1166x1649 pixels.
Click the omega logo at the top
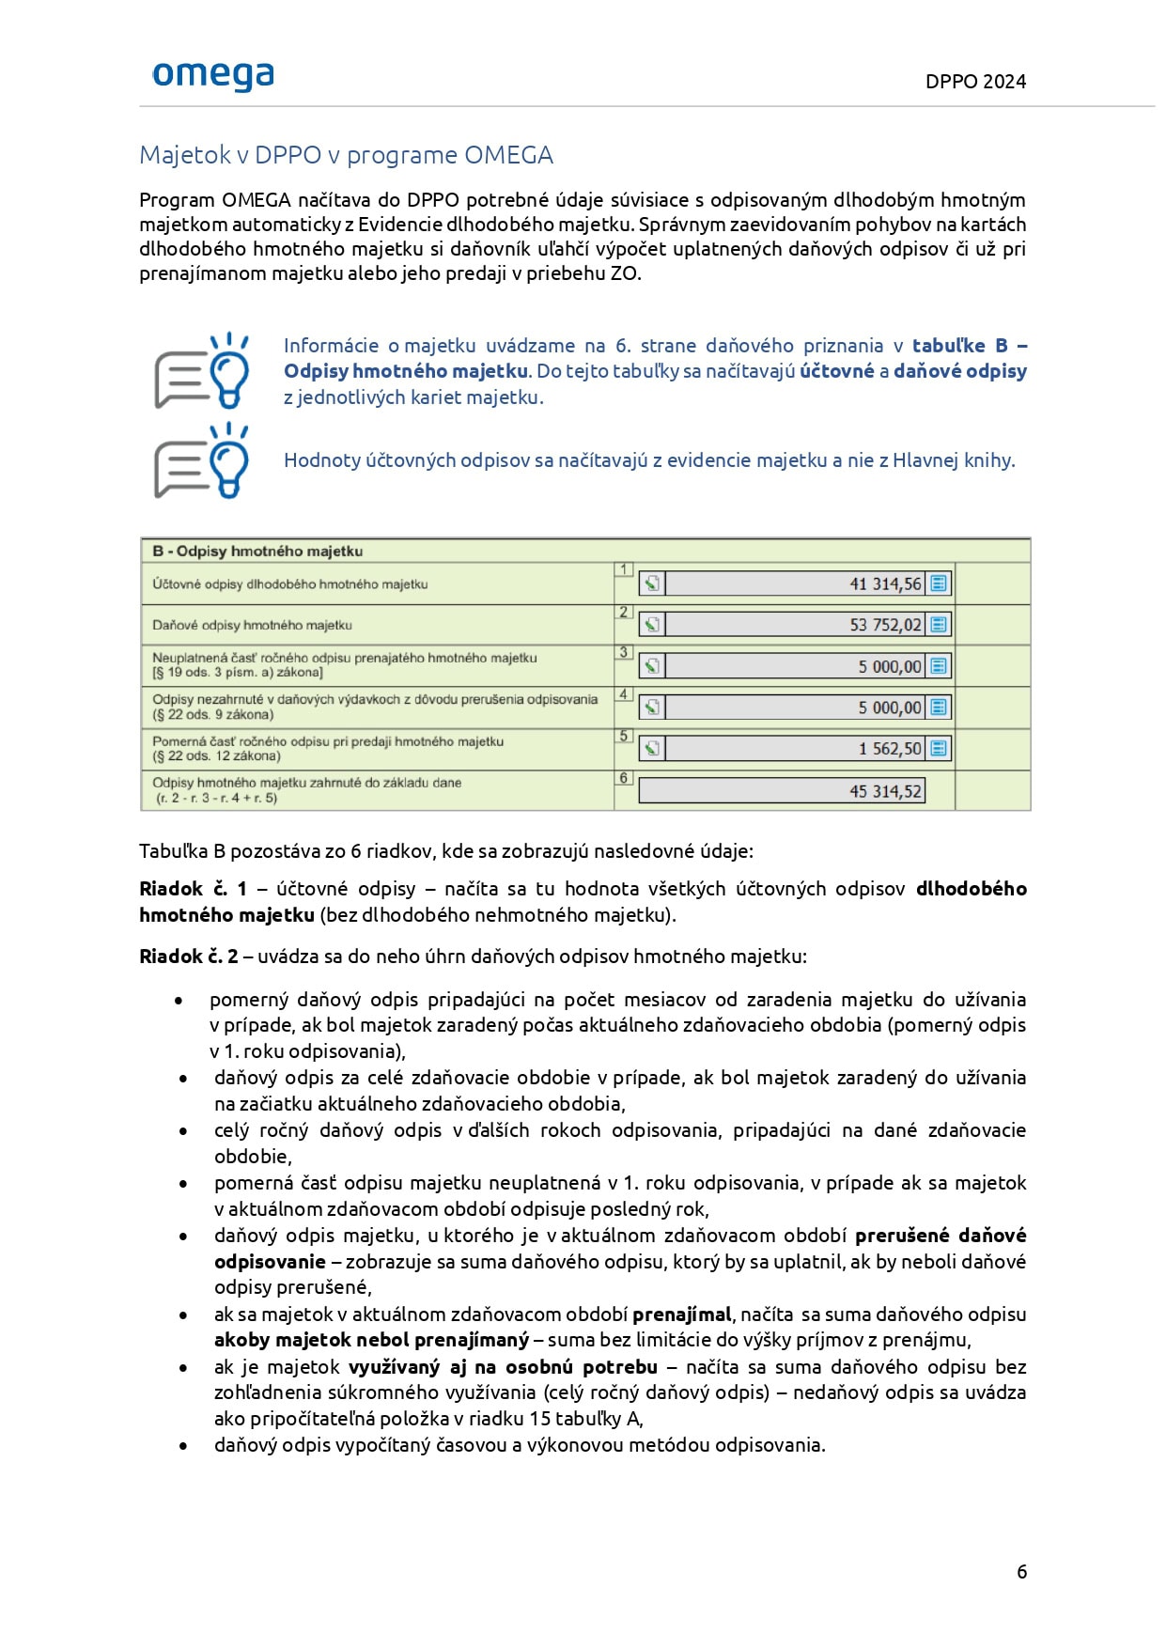[x=213, y=75]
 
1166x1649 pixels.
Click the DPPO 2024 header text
[x=975, y=82]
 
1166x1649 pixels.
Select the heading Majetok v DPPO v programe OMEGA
[x=346, y=155]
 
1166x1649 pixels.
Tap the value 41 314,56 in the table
[x=885, y=584]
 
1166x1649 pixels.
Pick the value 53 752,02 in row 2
[x=885, y=625]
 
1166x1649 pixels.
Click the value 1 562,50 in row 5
[x=889, y=749]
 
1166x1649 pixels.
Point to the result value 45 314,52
[x=885, y=791]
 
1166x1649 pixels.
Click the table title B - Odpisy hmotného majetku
[x=257, y=552]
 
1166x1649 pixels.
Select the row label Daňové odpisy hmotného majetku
[x=252, y=625]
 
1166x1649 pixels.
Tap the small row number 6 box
[x=623, y=778]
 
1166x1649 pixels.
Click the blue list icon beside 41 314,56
[x=938, y=583]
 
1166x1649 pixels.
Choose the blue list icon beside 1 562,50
[x=938, y=748]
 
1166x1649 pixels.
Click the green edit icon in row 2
[x=652, y=625]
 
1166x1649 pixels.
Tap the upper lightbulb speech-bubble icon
[x=202, y=370]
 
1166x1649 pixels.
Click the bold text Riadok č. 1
[x=193, y=889]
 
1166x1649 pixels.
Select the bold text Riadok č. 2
[x=188, y=957]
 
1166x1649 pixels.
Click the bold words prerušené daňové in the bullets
[x=940, y=1236]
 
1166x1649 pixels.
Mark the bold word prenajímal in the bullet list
[x=681, y=1315]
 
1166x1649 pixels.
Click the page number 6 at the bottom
[x=1021, y=1572]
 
